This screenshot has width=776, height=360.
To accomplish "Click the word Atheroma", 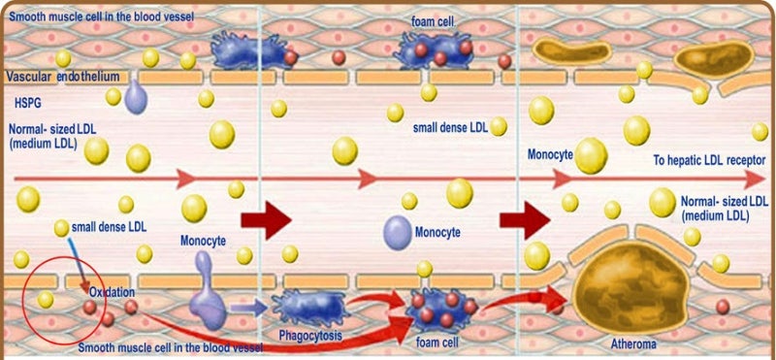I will click(x=636, y=343).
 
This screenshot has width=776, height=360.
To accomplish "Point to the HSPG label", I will click(x=28, y=101).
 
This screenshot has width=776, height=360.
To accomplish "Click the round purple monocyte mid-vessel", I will click(x=396, y=231).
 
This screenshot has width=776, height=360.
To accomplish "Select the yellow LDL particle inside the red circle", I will click(x=45, y=299).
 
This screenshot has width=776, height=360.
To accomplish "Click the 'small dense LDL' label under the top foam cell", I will click(x=451, y=127).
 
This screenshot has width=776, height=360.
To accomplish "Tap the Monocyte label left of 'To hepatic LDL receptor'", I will click(x=550, y=154).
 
